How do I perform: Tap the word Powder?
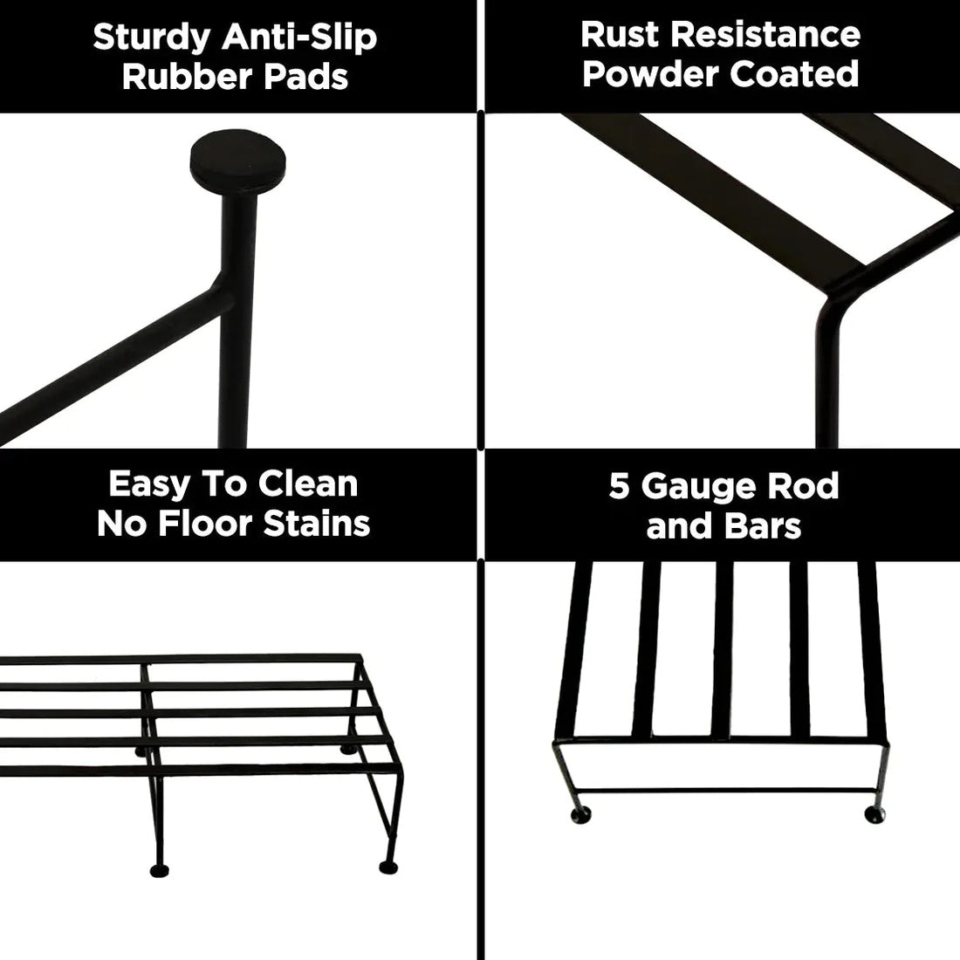[650, 74]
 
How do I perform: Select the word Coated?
[794, 74]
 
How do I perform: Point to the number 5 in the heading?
[619, 486]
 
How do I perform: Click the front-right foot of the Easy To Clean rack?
[385, 867]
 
